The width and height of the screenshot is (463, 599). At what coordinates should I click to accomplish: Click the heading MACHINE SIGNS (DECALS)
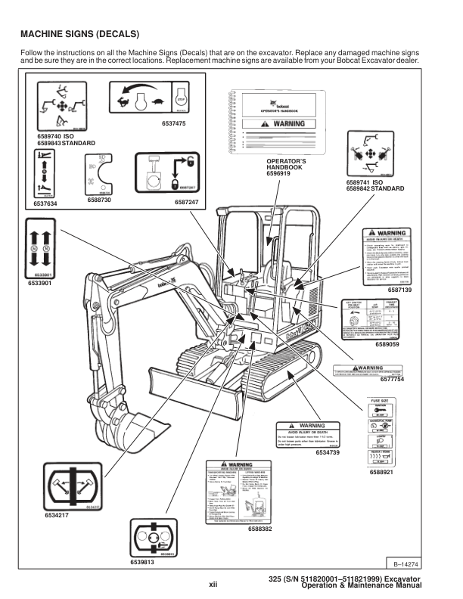79,34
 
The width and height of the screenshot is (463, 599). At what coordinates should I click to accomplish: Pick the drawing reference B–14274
407,563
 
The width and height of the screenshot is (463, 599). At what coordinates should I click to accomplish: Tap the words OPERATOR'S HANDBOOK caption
284,165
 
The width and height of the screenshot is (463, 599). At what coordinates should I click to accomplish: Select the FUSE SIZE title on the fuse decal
381,399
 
